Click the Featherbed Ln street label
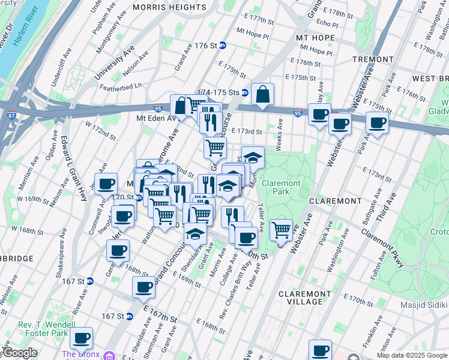[x=121, y=86]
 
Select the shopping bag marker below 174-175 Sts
[x=262, y=94]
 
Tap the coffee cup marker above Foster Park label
[x=81, y=338]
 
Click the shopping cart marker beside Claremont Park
[x=281, y=229]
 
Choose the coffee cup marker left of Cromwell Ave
[x=106, y=184]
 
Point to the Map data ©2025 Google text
[x=411, y=355]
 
